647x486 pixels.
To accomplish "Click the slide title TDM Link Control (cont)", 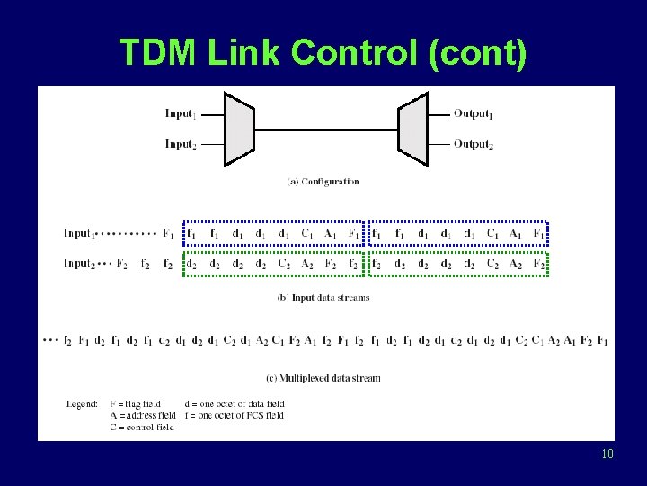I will point(323,53).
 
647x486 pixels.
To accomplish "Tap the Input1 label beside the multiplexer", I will point(181,114).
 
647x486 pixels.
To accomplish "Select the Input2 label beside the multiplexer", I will point(181,144).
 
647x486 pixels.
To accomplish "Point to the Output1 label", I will point(474,114).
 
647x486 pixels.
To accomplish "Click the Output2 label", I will point(474,144).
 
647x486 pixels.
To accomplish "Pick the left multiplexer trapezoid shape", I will point(239,130).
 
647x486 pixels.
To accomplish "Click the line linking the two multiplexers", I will point(326,130).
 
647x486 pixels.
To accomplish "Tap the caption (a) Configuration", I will point(323,182).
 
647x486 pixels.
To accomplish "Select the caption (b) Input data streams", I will point(323,298).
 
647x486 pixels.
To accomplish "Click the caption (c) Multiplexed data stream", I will point(323,378).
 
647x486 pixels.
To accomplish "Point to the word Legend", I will point(82,404).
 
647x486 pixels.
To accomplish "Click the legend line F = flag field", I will point(135,404).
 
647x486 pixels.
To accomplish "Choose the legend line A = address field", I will point(142,416).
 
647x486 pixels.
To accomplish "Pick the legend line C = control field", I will point(141,427).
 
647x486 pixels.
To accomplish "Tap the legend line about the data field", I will point(234,404).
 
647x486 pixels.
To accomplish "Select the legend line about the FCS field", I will point(234,416).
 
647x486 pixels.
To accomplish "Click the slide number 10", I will point(607,454).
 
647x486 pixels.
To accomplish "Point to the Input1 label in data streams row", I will point(79,234).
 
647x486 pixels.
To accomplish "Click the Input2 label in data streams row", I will point(79,264).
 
